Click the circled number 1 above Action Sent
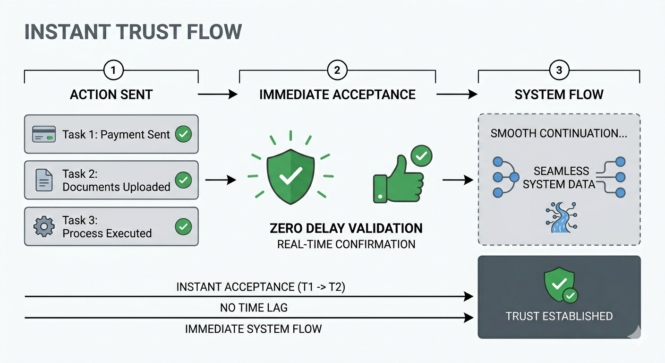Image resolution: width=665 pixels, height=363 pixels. click(x=113, y=71)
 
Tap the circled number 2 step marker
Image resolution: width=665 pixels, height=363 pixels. click(x=337, y=71)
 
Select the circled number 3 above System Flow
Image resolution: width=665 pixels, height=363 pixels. click(x=559, y=71)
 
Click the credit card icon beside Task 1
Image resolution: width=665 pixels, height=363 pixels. click(x=44, y=134)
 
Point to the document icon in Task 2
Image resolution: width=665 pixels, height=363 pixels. click(x=44, y=180)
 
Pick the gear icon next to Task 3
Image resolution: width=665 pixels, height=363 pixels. click(x=44, y=226)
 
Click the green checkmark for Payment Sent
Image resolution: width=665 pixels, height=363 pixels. click(x=183, y=134)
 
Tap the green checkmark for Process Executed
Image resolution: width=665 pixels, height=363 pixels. click(x=183, y=226)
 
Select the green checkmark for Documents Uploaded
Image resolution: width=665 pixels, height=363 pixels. click(x=183, y=180)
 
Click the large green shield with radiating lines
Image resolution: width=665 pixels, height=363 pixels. click(x=290, y=176)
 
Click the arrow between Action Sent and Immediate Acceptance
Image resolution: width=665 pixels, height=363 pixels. click(x=217, y=95)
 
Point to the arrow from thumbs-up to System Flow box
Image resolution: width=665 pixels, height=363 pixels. click(x=458, y=180)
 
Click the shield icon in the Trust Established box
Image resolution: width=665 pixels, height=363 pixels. click(x=560, y=285)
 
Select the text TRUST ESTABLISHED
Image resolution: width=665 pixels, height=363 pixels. click(x=559, y=316)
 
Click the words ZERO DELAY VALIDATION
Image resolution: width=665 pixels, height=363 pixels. click(x=346, y=229)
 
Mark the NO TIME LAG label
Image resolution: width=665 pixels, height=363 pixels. click(x=254, y=308)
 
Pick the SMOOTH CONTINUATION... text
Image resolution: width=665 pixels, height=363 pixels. click(x=559, y=133)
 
